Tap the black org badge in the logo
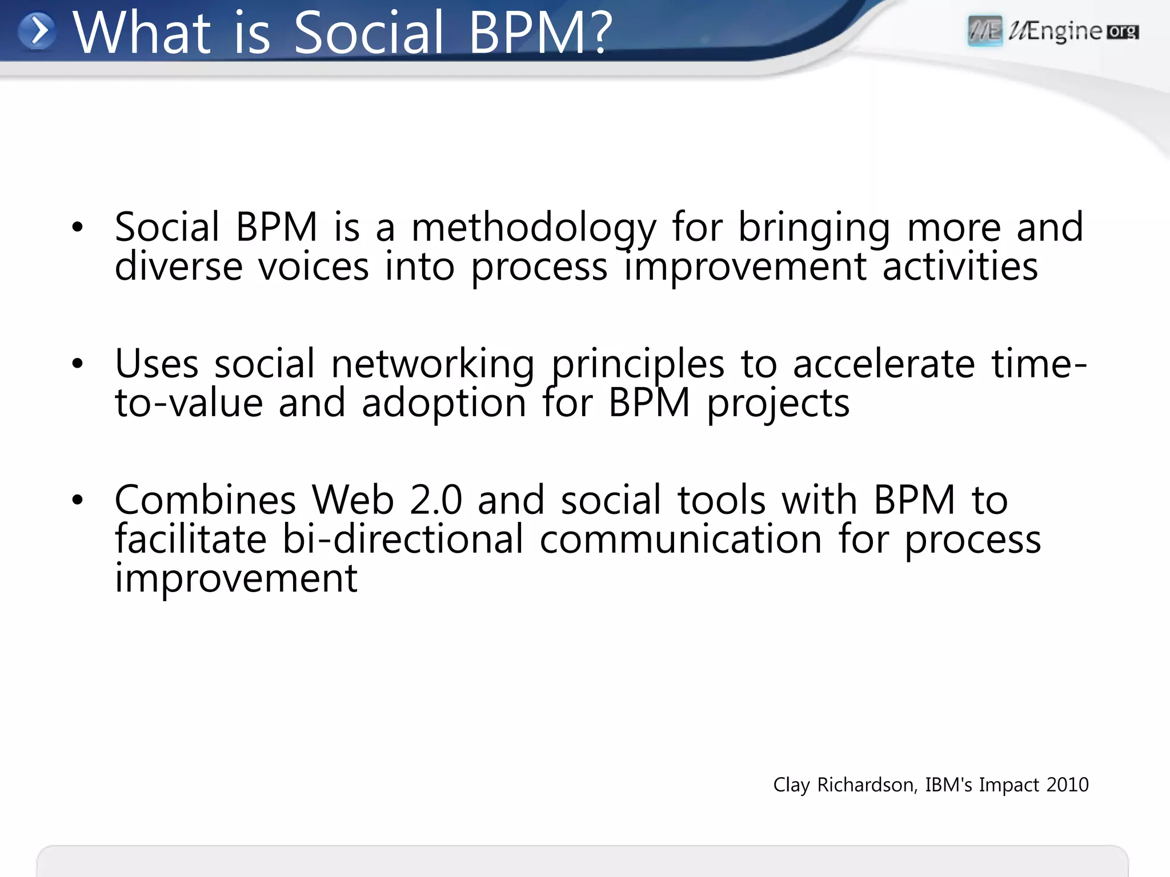click(1123, 31)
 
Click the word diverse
click(178, 267)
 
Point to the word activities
click(960, 267)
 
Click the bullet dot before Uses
click(78, 363)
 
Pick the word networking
click(432, 364)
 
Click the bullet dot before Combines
click(78, 500)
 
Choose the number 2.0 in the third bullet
click(435, 500)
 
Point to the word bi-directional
click(403, 539)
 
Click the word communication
click(680, 539)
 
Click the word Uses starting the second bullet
click(157, 364)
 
